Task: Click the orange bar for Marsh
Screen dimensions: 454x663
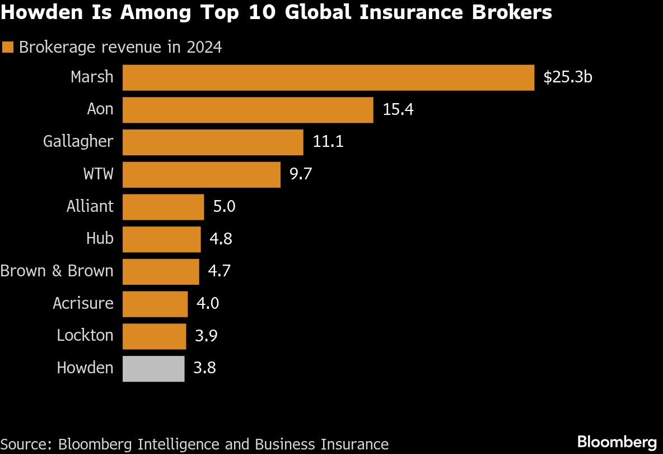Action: (328, 77)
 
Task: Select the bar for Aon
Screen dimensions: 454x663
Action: (248, 110)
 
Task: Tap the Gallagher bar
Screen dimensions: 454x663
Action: (213, 142)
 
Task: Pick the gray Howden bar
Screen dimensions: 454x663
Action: (153, 369)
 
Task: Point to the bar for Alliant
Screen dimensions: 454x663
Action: (163, 207)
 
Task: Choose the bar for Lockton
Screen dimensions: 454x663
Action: (154, 336)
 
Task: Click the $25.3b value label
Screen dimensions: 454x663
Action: (567, 77)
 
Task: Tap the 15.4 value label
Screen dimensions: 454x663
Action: (398, 110)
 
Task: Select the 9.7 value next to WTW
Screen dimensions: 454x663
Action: (301, 174)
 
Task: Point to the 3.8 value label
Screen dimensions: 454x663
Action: (204, 368)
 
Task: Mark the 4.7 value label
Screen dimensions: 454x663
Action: (219, 271)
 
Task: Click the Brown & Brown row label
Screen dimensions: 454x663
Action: (57, 271)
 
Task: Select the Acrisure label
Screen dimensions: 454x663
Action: (83, 304)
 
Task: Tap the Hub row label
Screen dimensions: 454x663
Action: (100, 239)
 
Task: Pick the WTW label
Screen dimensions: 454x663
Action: (98, 174)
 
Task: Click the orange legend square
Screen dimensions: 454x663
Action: (8, 48)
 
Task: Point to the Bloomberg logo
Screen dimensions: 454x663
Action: (617, 441)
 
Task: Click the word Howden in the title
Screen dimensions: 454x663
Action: (35, 12)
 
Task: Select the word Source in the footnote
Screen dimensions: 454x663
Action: (24, 444)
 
